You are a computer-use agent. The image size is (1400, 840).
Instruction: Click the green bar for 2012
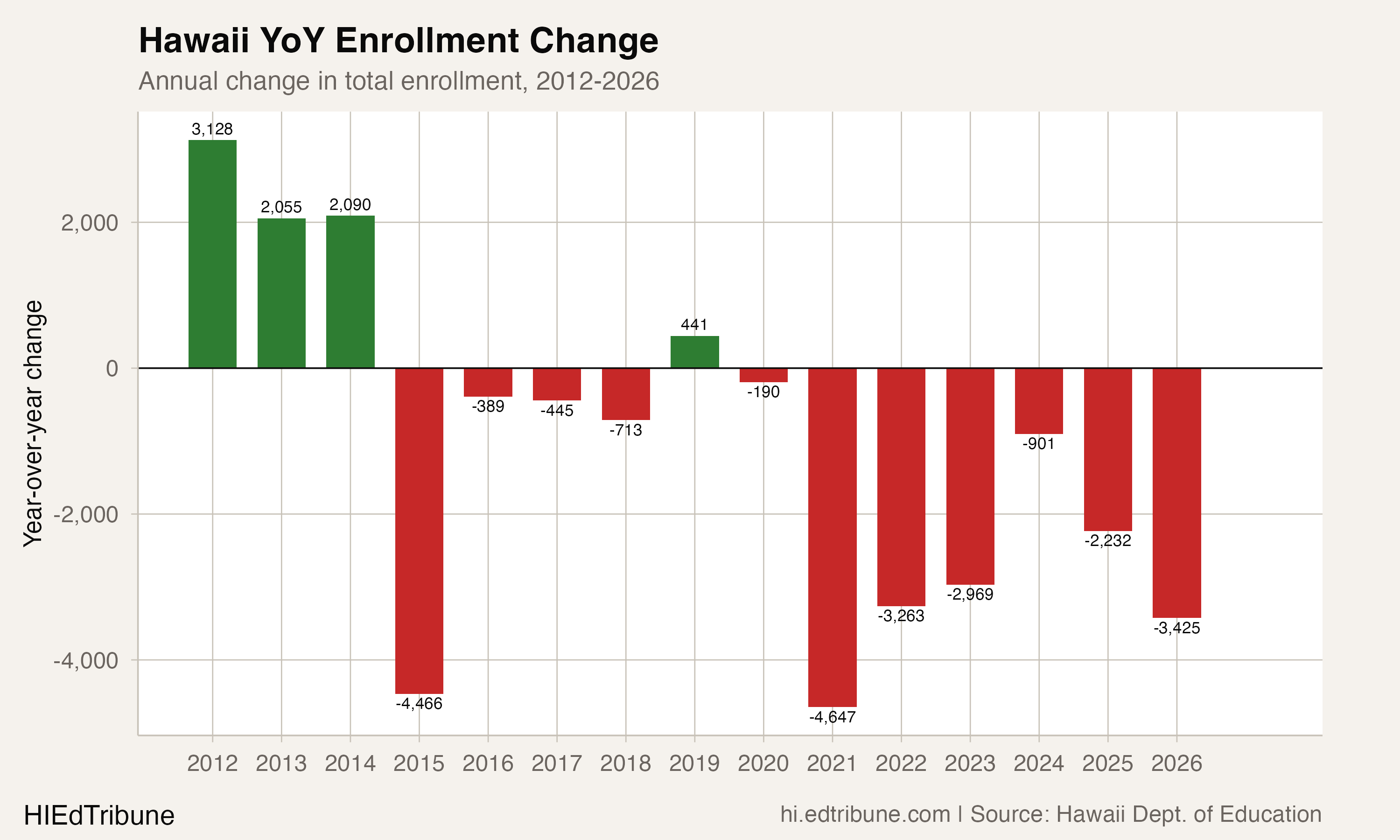coord(212,254)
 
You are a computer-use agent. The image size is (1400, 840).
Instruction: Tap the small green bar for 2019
coord(694,352)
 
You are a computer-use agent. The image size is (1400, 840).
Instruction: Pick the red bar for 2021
coord(832,537)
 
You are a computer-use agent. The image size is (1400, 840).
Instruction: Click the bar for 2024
coord(1038,401)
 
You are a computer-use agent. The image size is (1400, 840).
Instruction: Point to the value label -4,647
coord(832,717)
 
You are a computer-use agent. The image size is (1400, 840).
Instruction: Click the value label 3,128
coord(212,129)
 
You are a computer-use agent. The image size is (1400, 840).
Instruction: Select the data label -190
coord(763,392)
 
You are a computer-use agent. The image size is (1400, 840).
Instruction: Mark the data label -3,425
coord(1176,628)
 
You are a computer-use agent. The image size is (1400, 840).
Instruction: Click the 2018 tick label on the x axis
coord(625,763)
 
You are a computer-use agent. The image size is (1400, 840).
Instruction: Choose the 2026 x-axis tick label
coord(1176,763)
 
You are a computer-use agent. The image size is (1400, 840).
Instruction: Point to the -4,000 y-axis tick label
coord(86,660)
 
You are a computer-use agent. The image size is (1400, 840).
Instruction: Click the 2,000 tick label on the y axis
coord(90,223)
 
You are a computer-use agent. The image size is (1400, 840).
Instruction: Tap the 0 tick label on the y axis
coord(112,369)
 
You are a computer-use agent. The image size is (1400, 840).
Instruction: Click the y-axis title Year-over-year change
coord(33,423)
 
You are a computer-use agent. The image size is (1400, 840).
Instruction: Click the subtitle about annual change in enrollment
coord(399,81)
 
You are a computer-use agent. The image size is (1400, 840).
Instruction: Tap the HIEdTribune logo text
coord(99,816)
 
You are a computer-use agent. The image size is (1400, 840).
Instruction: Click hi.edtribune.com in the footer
coord(865,814)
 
